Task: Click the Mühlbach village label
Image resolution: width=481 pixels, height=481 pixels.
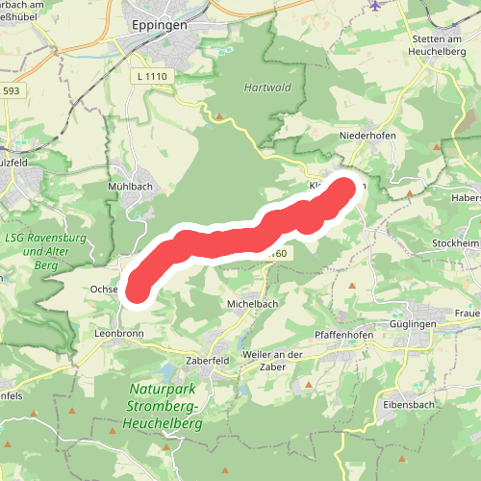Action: [132, 187]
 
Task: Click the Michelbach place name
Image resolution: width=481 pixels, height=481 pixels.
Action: [252, 303]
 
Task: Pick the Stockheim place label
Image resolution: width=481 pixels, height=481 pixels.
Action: [456, 244]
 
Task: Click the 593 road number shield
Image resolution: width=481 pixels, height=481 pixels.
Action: [10, 91]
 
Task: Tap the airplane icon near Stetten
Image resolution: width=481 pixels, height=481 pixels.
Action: [374, 6]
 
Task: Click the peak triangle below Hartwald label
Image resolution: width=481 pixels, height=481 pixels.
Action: [221, 117]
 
